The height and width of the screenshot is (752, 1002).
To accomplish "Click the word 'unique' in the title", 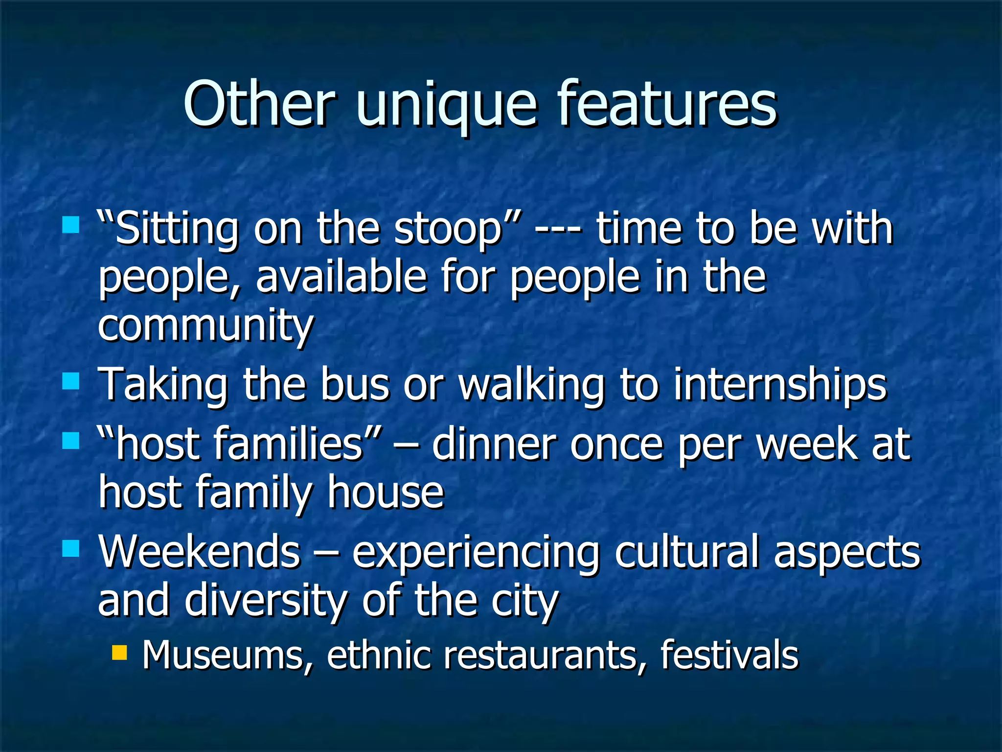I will [446, 105].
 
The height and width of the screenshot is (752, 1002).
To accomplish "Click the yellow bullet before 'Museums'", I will [119, 653].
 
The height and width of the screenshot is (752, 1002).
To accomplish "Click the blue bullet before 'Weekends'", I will [71, 548].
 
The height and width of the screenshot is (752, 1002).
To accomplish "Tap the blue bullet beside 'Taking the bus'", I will [71, 381].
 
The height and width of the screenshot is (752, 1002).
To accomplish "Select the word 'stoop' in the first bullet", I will [448, 230].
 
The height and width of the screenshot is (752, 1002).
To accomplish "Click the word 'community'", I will [205, 326].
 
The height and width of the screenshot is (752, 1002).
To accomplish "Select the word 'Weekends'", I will [200, 552].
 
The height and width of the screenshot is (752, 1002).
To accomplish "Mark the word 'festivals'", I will [729, 655].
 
